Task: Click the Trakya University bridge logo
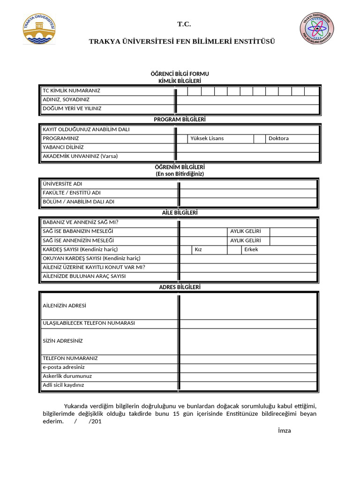pyautogui.click(x=39, y=29)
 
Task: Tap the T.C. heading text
pyautogui.click(x=184, y=24)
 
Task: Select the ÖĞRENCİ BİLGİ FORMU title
pyautogui.click(x=180, y=74)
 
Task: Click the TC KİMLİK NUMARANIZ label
pyautogui.click(x=71, y=90)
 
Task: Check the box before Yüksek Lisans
pyautogui.click(x=182, y=138)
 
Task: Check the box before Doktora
pyautogui.click(x=260, y=138)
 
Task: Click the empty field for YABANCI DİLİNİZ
pyautogui.click(x=247, y=147)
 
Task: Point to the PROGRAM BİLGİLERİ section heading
pyautogui.click(x=180, y=120)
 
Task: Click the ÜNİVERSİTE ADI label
pyautogui.click(x=62, y=184)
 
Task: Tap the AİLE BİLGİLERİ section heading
pyautogui.click(x=180, y=213)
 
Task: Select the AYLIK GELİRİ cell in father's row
pyautogui.click(x=245, y=232)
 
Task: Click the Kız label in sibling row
pyautogui.click(x=198, y=249)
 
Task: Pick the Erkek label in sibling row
pyautogui.click(x=251, y=249)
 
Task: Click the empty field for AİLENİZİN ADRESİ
pyautogui.click(x=248, y=306)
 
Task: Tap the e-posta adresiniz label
pyautogui.click(x=64, y=367)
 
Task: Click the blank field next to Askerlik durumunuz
pyautogui.click(x=248, y=376)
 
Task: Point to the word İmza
pyautogui.click(x=284, y=431)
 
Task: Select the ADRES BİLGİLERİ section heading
pyautogui.click(x=180, y=287)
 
